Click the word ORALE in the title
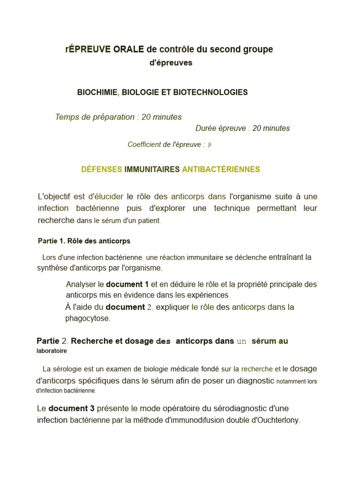(128, 49)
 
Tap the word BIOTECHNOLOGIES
(210, 92)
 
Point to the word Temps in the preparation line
(66, 117)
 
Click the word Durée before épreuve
(206, 128)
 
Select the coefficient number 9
(209, 145)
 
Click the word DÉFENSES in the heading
(102, 169)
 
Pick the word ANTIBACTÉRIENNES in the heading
(221, 169)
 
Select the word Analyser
(81, 284)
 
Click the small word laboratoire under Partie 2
(52, 351)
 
